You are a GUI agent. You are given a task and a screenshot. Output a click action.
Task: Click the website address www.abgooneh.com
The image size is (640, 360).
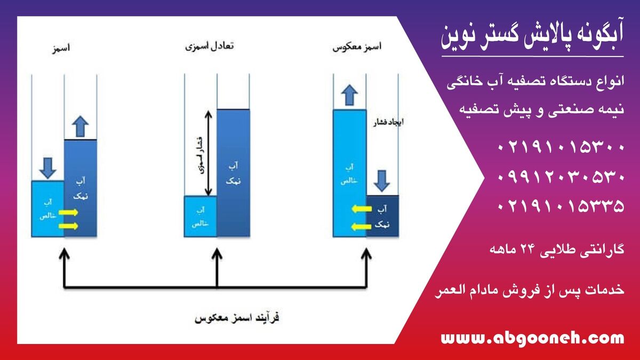tap(532, 338)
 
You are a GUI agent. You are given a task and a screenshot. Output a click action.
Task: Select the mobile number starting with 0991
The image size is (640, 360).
tap(561, 177)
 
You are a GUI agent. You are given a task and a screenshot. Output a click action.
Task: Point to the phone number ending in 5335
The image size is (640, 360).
tap(561, 205)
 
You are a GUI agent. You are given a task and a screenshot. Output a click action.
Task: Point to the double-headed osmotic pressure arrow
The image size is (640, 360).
tap(209, 152)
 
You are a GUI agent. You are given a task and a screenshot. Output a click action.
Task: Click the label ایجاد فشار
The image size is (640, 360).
tap(387, 122)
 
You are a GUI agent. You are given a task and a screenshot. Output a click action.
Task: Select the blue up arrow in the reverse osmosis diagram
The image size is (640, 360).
tap(349, 95)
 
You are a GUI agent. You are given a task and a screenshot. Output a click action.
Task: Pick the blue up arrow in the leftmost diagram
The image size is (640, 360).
tap(80, 126)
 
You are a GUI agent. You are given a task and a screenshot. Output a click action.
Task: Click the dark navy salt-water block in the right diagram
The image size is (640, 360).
tap(382, 216)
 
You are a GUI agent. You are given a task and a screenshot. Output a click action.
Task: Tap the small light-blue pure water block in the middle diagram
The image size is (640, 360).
tap(200, 216)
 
